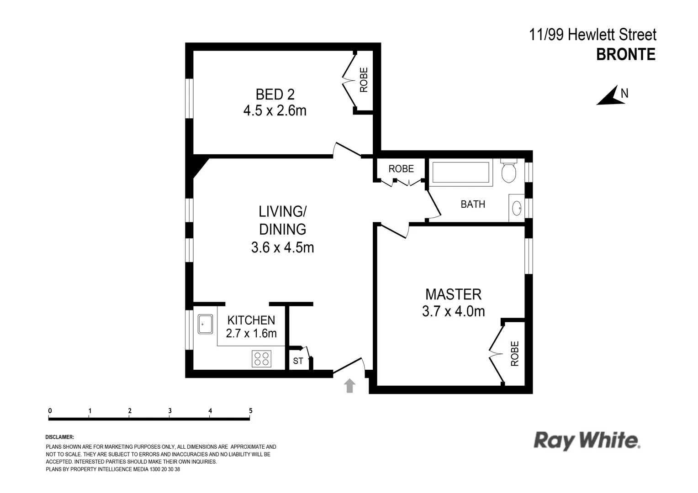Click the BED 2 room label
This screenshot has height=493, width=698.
pos(275,94)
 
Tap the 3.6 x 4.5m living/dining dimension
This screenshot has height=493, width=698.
pos(282,247)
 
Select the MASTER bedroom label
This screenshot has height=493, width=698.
pos(453,294)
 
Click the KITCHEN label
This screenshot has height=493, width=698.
pos(251,320)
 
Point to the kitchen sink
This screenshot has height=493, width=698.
pos(205,324)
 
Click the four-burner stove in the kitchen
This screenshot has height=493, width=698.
pos(261,358)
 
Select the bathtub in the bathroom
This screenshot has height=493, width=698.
pos(460,173)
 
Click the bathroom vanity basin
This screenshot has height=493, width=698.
pos(517,209)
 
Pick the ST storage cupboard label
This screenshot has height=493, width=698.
pos(298,361)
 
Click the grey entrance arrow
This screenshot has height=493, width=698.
pos(349,386)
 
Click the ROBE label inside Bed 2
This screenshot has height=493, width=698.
pos(364,80)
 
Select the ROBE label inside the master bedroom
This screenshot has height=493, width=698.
pos(515,353)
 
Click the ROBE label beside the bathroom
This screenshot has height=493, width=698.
pos(401,168)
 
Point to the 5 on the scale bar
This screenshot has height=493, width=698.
pos(250,410)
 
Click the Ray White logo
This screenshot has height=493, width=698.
pos(587,441)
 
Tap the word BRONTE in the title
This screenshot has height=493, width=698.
pos(626,54)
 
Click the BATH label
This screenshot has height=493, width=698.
pos(473,204)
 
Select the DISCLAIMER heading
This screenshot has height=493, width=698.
pos(60,437)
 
